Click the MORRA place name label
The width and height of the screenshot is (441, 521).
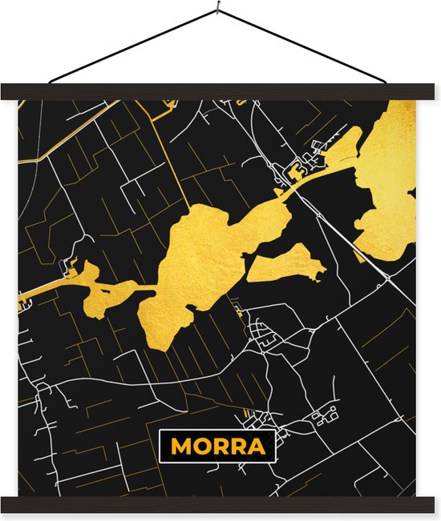pyautogui.click(x=217, y=446)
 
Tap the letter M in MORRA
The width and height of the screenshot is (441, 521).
pyautogui.click(x=181, y=447)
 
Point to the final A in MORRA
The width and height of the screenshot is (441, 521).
pyautogui.click(x=257, y=447)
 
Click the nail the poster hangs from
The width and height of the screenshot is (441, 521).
pyautogui.click(x=219, y=10)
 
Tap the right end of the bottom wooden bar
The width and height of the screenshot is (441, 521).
pyautogui.click(x=429, y=504)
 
